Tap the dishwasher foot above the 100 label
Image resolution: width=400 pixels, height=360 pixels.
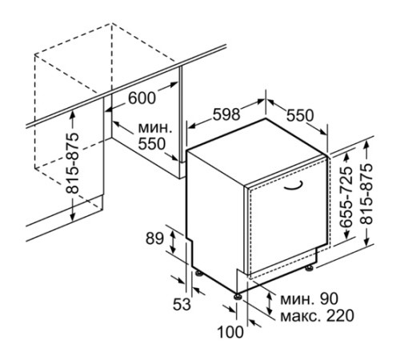click(x=238, y=295)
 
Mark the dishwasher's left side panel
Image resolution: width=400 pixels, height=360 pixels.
click(x=212, y=216)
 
